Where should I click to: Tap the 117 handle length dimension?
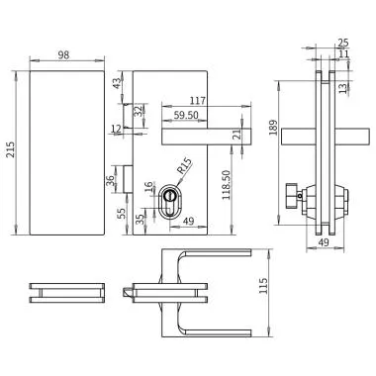(196, 100)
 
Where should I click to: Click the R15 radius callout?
(185, 168)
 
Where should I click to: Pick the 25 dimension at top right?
(342, 43)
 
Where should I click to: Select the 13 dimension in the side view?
(342, 88)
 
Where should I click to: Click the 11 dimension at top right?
(342, 55)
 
